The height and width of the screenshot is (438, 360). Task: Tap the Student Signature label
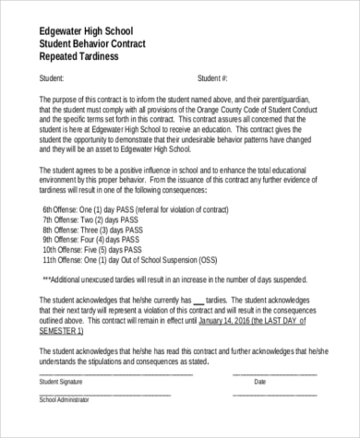pos(63,381)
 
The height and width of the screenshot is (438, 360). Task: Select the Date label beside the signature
pos(259,381)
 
